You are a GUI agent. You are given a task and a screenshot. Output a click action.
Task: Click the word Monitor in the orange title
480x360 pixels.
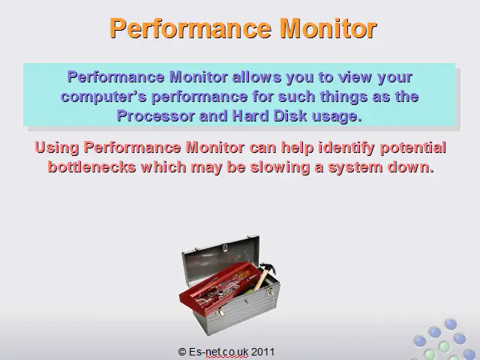point(328,28)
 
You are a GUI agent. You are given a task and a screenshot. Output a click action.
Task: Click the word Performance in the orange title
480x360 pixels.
point(190,28)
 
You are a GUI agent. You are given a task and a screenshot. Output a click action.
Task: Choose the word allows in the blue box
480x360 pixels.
point(256,77)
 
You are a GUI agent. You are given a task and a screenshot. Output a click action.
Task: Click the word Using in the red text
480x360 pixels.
point(57,148)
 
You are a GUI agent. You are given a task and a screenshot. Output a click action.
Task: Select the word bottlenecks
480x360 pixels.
point(91,167)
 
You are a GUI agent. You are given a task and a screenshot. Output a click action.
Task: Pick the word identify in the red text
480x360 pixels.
point(346,148)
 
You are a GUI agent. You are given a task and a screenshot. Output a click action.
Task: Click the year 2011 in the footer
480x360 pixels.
point(262,352)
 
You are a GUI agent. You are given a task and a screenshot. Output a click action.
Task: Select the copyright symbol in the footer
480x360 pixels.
point(182,352)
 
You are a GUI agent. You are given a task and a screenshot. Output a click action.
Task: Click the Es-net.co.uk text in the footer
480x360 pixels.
point(218,352)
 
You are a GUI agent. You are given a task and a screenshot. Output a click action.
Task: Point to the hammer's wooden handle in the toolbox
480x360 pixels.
point(260,279)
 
